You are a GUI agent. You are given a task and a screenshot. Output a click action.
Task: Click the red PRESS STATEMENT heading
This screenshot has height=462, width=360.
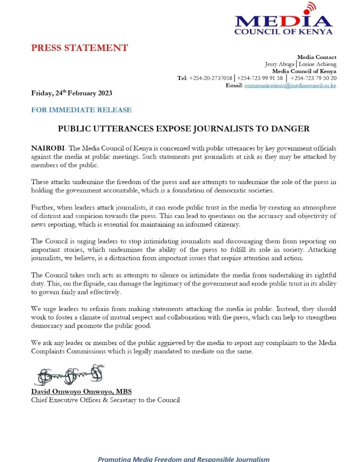point(79,48)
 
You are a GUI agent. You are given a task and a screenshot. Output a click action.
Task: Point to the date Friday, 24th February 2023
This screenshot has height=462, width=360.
point(71,93)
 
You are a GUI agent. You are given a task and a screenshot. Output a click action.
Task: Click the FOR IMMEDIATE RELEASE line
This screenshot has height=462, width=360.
point(81,109)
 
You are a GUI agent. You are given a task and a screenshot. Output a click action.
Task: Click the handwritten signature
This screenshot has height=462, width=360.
point(69,373)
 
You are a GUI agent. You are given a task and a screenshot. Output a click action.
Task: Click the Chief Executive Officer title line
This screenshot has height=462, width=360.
point(105,399)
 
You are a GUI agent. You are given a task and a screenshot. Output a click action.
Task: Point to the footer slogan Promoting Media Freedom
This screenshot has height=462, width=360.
point(183,458)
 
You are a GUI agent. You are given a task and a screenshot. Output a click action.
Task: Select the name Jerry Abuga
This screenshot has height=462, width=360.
point(279,64)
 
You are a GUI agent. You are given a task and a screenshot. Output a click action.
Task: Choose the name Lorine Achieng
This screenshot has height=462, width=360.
point(317,64)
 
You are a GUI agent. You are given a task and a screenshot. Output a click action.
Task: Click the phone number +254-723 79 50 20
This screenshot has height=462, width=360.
point(313,78)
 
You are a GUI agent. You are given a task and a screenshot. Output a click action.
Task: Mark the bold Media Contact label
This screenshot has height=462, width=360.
point(316,57)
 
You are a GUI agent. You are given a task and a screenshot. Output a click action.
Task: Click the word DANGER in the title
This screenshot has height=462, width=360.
point(291,128)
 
